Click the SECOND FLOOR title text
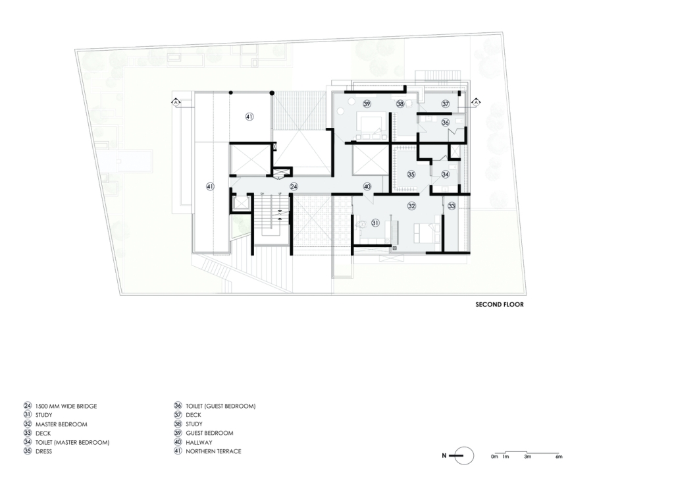[500, 304]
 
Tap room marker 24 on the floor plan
[294, 186]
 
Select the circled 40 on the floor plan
[367, 186]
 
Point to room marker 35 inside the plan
[411, 174]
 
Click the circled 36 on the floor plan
[446, 123]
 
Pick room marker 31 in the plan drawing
[375, 223]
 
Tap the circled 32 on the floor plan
[411, 206]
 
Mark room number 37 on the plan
[446, 103]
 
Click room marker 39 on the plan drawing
[367, 103]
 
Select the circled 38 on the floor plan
[400, 103]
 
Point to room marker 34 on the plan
[446, 174]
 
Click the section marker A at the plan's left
[176, 102]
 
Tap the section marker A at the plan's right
[476, 102]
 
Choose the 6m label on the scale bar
[558, 457]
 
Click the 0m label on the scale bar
[494, 457]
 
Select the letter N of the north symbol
[444, 455]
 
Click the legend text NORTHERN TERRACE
[213, 451]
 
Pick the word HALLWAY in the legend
[199, 442]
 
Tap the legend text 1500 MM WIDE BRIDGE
[66, 406]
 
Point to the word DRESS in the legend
[43, 451]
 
